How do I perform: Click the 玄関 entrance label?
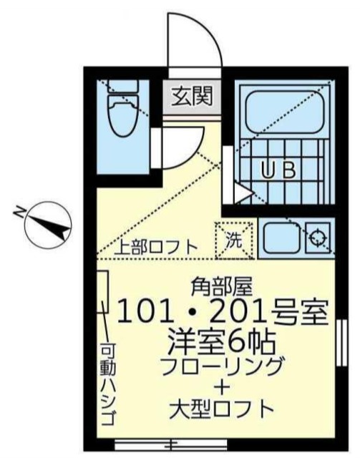click(x=190, y=94)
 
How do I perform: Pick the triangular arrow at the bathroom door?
click(x=242, y=192)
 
